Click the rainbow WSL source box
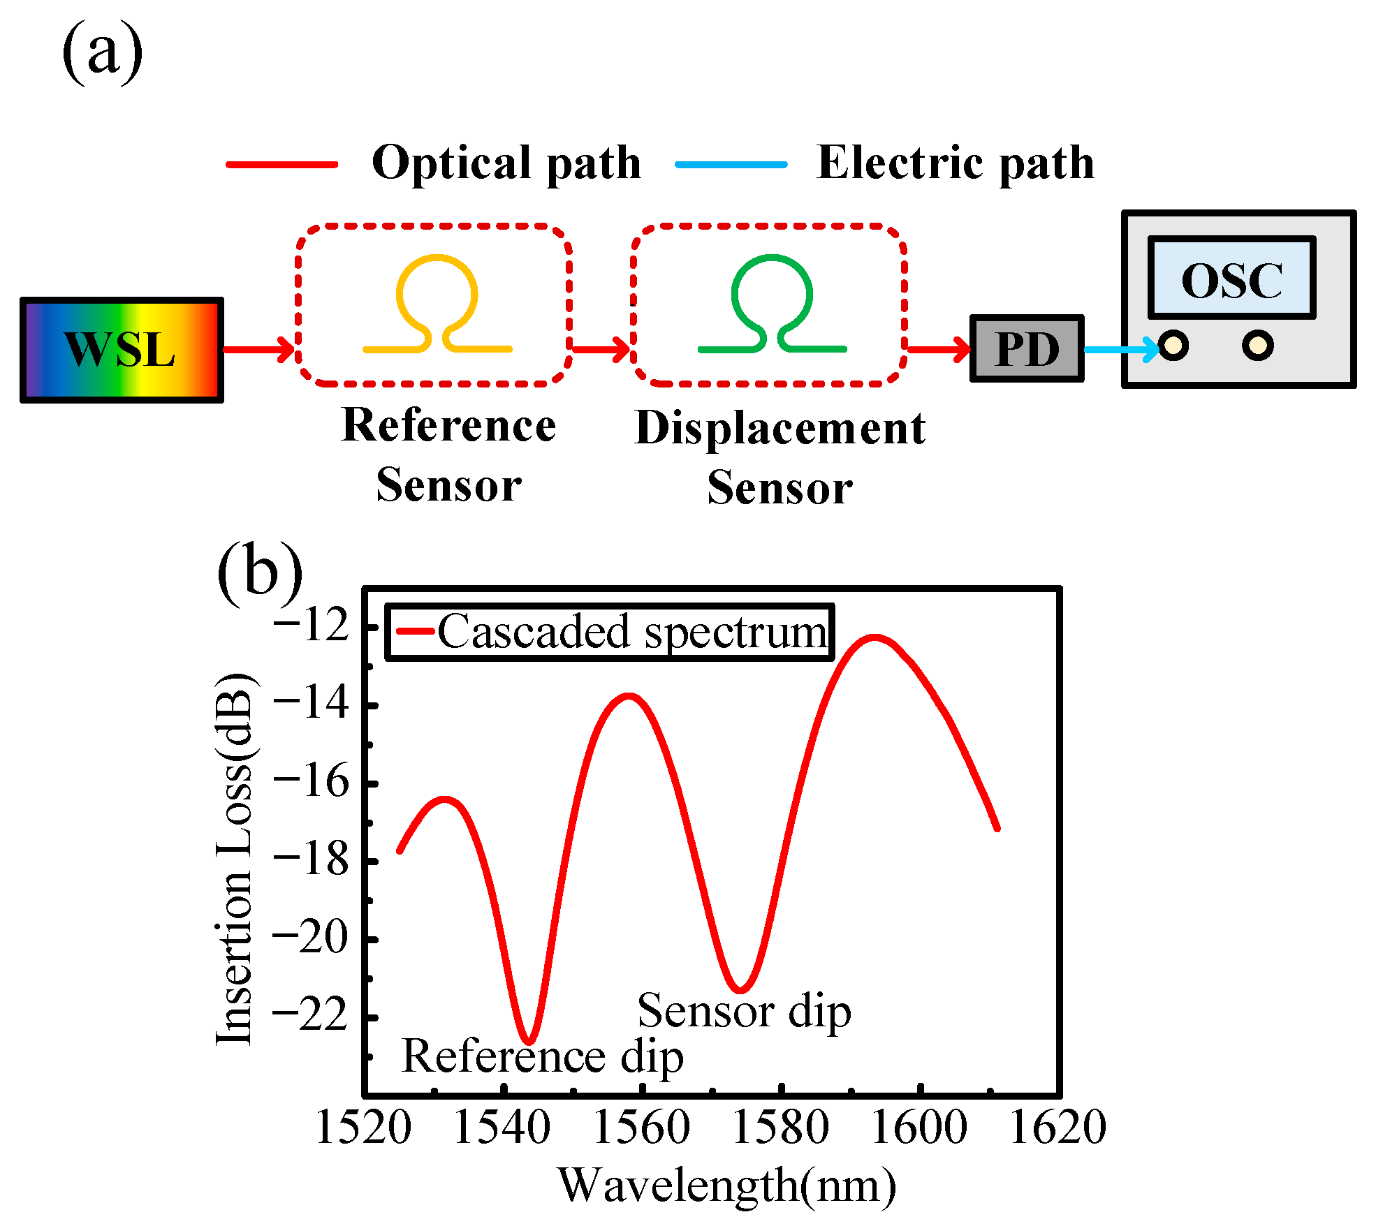tap(122, 350)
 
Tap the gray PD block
tap(1026, 348)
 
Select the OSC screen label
tap(1231, 280)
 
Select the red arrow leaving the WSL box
tap(257, 349)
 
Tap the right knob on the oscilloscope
tap(1257, 346)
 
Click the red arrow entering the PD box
tap(938, 348)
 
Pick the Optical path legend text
tap(506, 163)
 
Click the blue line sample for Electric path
tap(731, 165)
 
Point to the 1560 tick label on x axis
tap(641, 1127)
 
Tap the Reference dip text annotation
tap(542, 1057)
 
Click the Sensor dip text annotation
tap(744, 1011)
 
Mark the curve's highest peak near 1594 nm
tap(874, 637)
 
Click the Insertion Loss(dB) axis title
tap(234, 859)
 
